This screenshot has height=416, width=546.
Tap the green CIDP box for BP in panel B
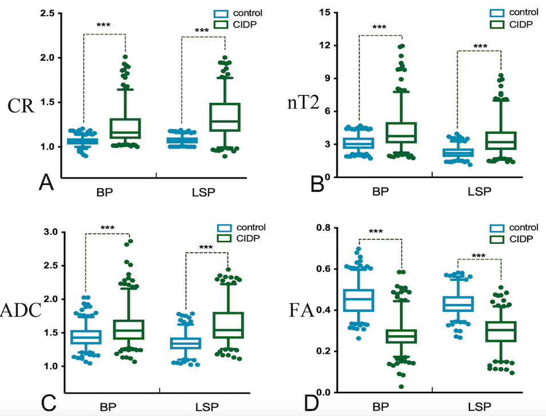tap(402, 132)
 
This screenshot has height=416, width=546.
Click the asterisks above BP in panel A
tap(103, 26)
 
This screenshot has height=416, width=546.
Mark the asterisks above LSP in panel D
tap(479, 256)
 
